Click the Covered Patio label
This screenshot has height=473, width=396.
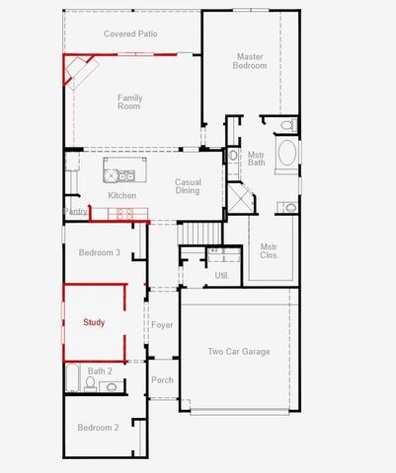[130, 34]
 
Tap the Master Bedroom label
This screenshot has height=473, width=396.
[250, 61]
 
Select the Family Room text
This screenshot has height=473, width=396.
[129, 101]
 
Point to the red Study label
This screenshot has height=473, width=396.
[94, 322]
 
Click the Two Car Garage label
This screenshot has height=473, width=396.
[239, 352]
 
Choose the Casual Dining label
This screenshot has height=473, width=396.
[188, 186]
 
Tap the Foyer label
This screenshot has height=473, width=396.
[162, 325]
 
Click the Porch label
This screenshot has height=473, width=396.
[162, 379]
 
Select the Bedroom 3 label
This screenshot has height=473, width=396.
[100, 252]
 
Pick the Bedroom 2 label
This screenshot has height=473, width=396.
[98, 428]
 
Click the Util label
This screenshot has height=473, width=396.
[221, 275]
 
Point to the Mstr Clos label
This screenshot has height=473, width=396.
[269, 251]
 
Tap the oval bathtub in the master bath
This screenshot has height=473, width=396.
[287, 153]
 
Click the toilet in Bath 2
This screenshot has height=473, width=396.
[90, 383]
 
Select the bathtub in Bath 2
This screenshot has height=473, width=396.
[73, 377]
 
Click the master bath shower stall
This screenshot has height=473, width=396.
[240, 198]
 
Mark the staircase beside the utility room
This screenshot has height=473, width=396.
[200, 234]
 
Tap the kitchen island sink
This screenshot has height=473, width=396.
[126, 176]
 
